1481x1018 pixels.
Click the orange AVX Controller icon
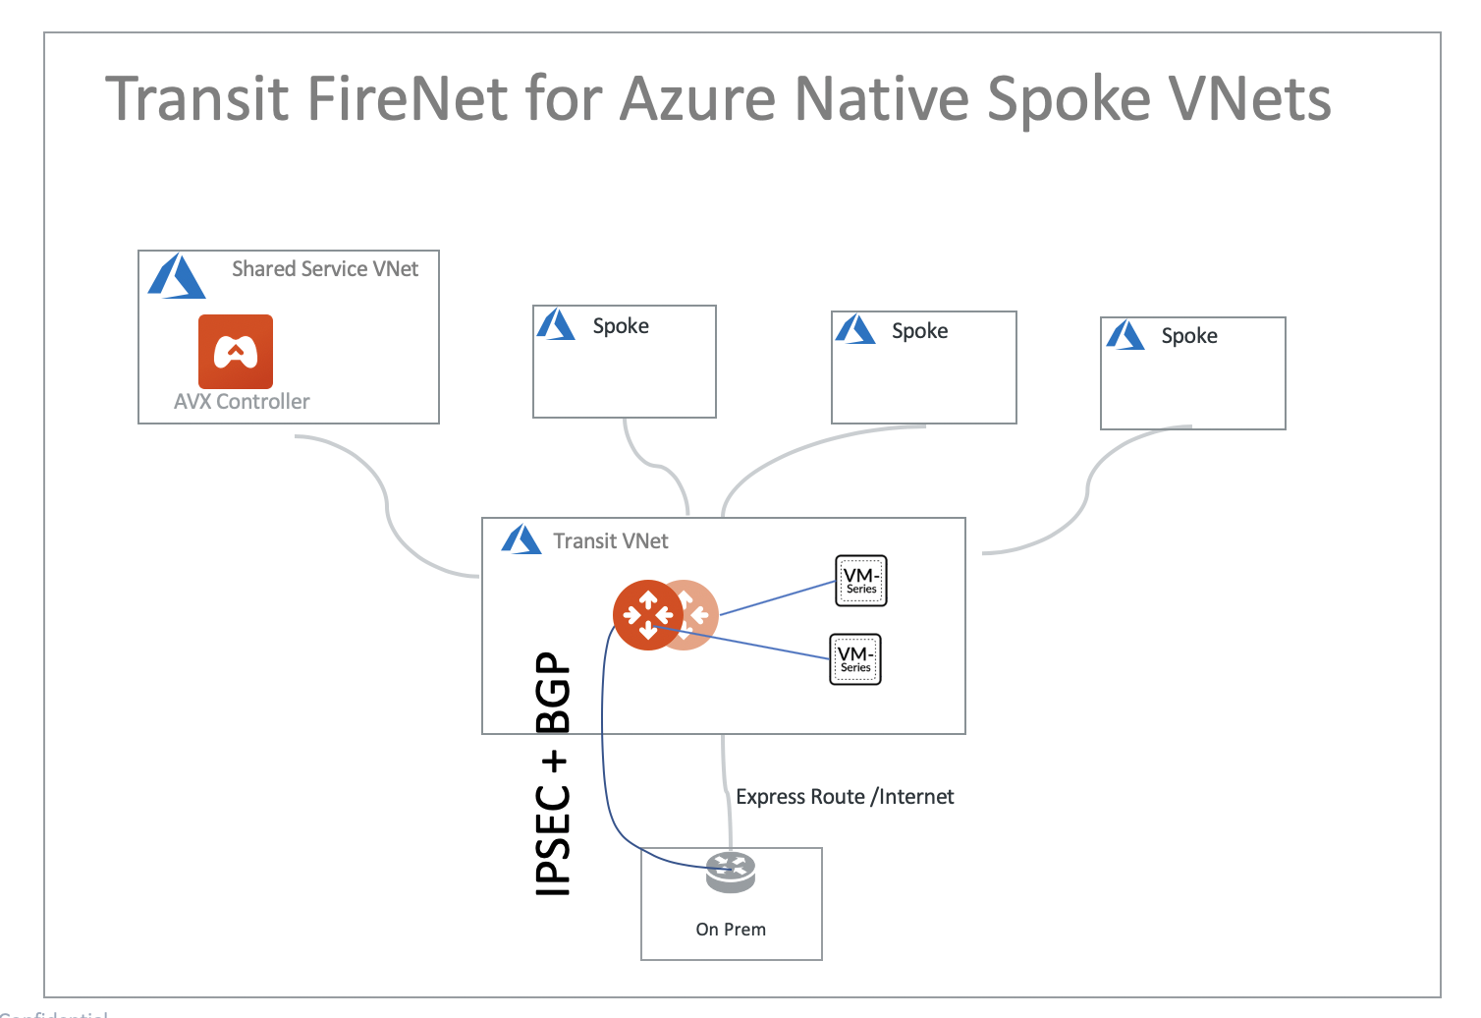tap(236, 351)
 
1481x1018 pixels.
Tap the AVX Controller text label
tap(242, 402)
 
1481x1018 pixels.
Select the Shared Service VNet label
tap(324, 269)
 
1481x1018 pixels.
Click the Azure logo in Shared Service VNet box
tap(177, 277)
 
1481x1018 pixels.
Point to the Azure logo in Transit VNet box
tap(521, 540)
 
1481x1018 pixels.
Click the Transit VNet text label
tap(610, 541)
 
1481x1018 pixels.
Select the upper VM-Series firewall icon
tap(860, 581)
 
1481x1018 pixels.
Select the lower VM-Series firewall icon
tap(855, 659)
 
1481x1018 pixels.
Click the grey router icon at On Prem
tap(731, 872)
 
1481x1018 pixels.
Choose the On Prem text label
tap(731, 930)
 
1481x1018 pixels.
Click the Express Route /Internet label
tap(845, 797)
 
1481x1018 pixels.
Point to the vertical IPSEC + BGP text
tap(553, 774)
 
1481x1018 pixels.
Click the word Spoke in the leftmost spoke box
tap(621, 326)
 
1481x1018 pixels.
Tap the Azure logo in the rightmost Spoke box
tap(1125, 336)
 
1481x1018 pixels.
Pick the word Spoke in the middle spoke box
tap(919, 331)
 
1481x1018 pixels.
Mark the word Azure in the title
tap(698, 99)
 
